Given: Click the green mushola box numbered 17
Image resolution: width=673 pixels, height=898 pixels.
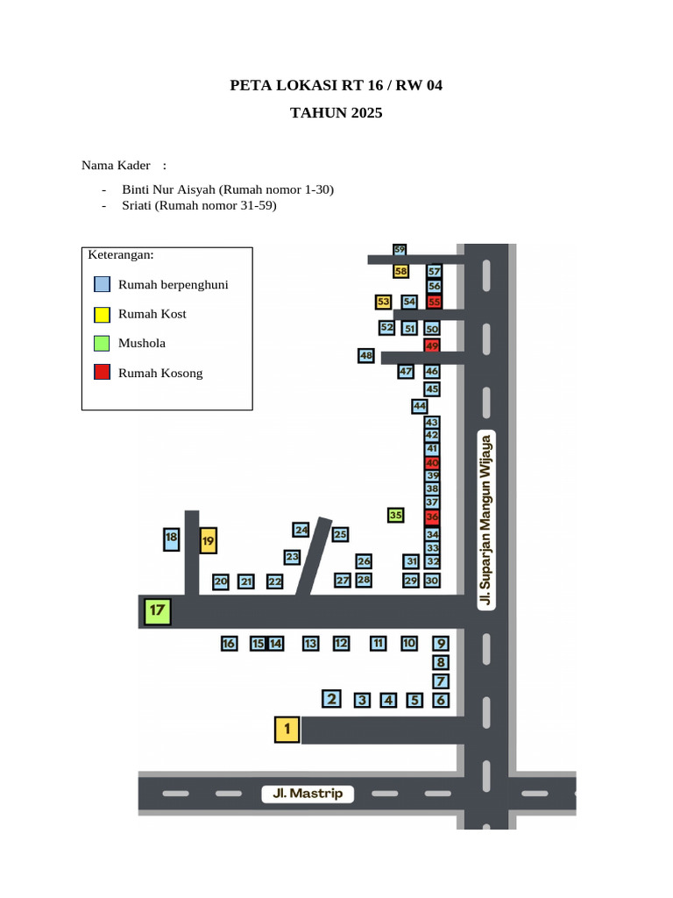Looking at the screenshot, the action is [x=158, y=611].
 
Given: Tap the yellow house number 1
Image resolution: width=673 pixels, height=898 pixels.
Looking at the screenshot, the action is [x=287, y=730].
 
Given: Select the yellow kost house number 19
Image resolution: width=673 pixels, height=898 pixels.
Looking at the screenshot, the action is [x=209, y=540].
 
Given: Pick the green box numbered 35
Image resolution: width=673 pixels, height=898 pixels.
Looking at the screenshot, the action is [x=395, y=515].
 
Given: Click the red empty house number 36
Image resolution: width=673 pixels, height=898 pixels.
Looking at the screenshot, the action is [x=432, y=517].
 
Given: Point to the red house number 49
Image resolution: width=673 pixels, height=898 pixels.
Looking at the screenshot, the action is [x=432, y=346].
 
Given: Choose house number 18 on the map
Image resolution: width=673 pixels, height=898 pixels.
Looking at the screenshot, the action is [x=171, y=539].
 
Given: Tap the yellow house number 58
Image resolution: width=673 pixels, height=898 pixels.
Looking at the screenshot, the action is [x=400, y=271].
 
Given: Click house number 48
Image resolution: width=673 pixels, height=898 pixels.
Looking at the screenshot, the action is [x=365, y=356].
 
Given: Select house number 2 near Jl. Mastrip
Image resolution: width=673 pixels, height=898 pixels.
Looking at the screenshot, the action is [x=331, y=699].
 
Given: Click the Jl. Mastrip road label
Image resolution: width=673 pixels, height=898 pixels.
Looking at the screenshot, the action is [x=308, y=793].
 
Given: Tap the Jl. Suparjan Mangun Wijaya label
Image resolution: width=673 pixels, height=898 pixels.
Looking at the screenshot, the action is [x=485, y=520].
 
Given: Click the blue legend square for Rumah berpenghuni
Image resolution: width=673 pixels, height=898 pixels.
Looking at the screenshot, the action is [x=102, y=284].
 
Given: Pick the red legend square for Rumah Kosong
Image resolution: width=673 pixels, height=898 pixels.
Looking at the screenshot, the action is [x=102, y=372].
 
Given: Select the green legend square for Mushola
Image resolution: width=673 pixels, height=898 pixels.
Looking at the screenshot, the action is [x=102, y=343].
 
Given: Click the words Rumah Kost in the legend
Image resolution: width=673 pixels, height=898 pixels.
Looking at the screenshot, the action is [x=152, y=314].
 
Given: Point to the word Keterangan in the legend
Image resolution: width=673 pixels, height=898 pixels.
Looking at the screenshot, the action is [x=121, y=255].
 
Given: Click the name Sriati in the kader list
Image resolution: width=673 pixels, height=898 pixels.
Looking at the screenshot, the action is [x=136, y=205].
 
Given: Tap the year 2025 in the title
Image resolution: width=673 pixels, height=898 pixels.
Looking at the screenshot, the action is [x=367, y=113].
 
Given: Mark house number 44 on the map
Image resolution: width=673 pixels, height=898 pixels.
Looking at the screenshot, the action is [x=420, y=406].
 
